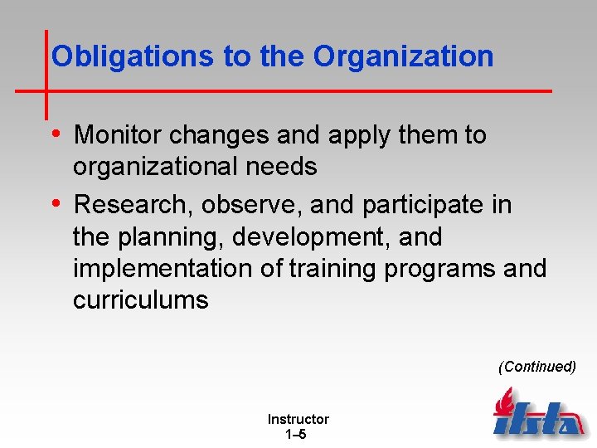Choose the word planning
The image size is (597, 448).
[x=172, y=237]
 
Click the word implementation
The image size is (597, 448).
[x=157, y=269]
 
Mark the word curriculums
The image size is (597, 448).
[x=140, y=300]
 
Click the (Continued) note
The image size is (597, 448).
[x=536, y=367]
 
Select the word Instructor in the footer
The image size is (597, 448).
[x=298, y=420]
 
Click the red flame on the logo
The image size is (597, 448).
[x=503, y=404]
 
